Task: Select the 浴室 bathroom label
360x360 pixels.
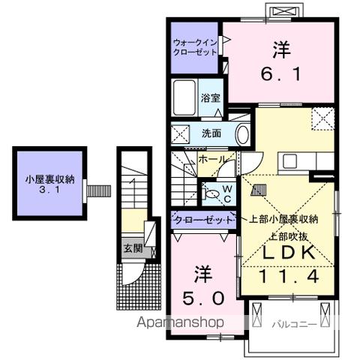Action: (211, 97)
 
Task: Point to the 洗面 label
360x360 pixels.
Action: (211, 134)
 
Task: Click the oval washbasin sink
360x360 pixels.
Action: (241, 135)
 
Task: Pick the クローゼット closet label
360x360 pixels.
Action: (203, 219)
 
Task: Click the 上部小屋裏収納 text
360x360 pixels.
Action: (284, 219)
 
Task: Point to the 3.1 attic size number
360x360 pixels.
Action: (49, 191)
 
